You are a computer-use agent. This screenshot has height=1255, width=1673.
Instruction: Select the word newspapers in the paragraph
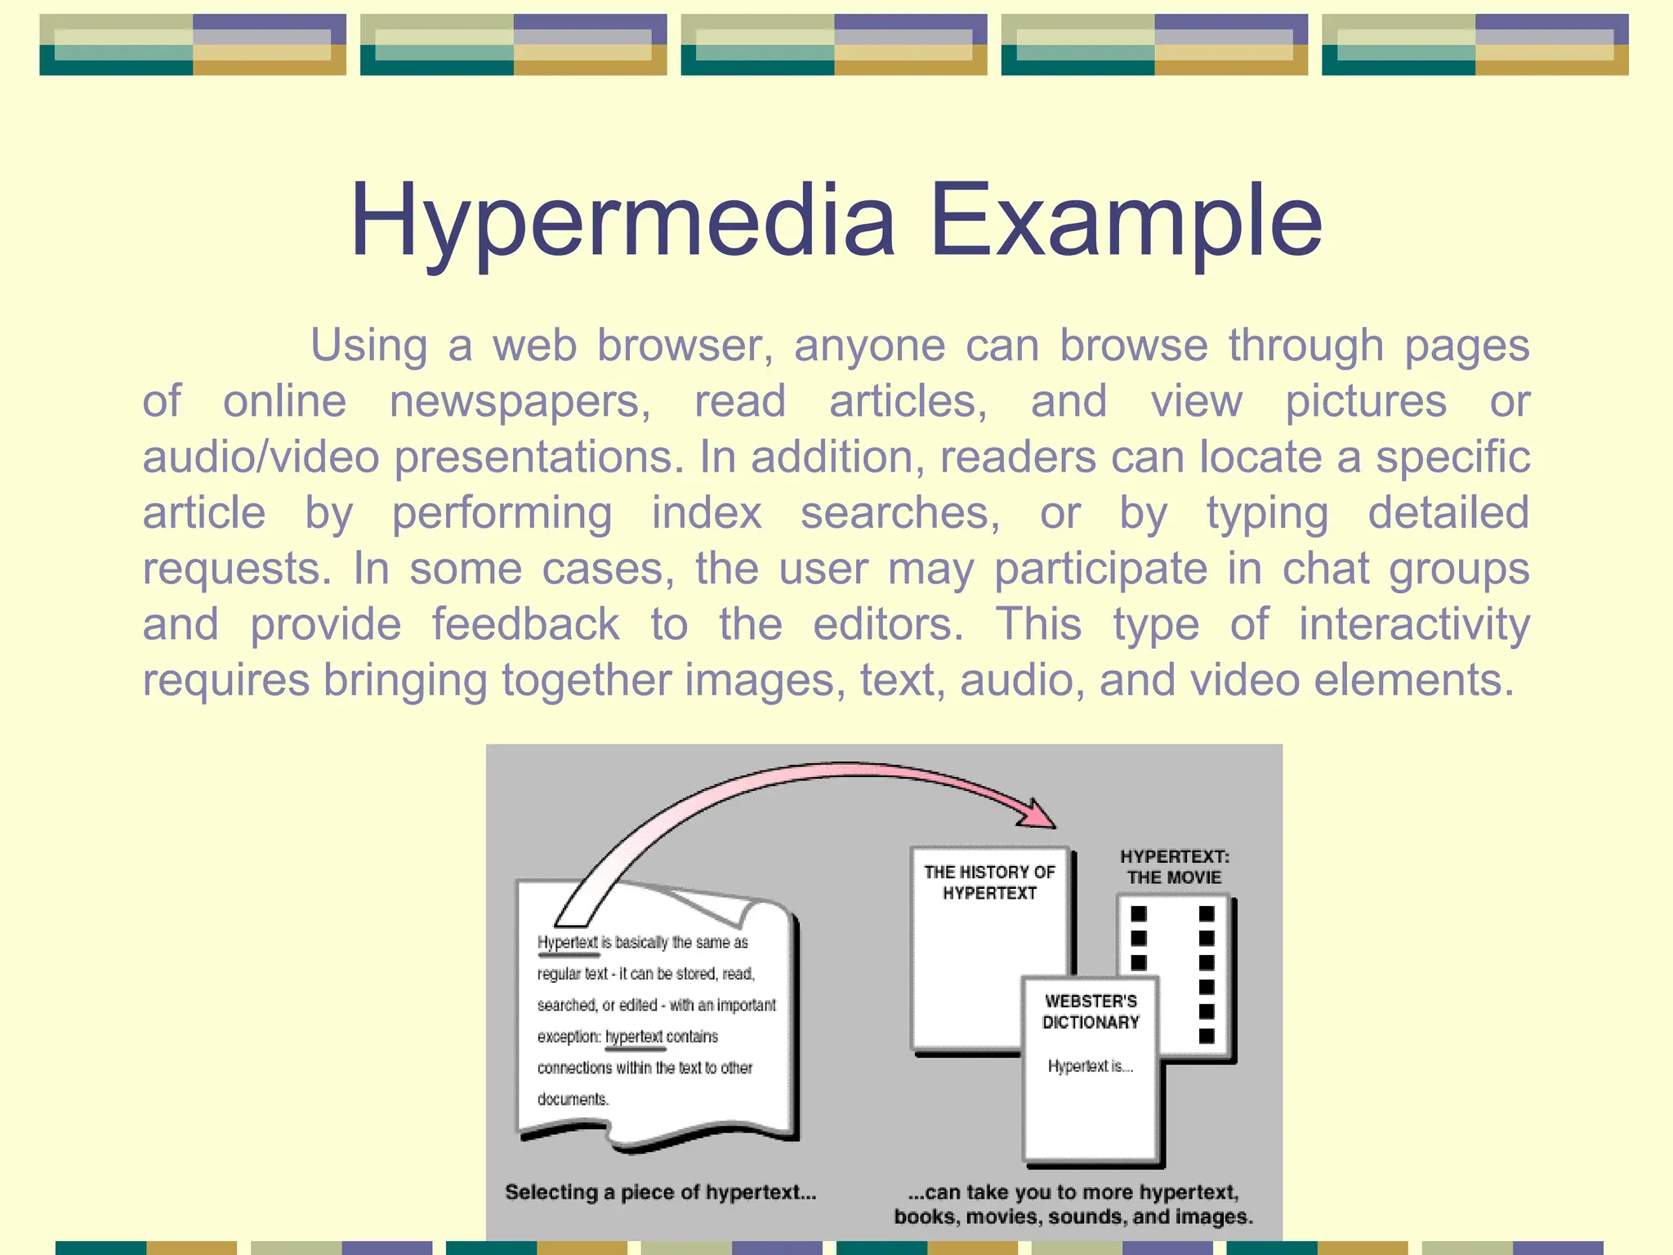tap(520, 402)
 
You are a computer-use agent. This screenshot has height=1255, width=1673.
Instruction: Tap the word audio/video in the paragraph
tap(261, 458)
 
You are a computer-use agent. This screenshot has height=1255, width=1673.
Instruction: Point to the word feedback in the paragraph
tap(525, 625)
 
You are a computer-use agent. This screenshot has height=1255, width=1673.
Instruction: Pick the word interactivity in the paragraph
tap(1414, 625)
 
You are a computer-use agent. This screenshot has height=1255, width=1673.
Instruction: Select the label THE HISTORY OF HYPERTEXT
tap(989, 882)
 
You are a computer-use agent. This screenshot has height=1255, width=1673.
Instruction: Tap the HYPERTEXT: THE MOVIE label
tap(1174, 867)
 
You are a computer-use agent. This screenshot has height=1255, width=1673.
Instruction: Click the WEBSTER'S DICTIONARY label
tap(1091, 1012)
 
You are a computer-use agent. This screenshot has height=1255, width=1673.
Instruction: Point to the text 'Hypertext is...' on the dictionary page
tap(1090, 1066)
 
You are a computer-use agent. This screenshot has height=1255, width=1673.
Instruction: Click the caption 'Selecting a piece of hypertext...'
tap(660, 1192)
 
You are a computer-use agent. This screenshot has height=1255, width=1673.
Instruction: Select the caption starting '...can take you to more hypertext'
tap(1073, 1204)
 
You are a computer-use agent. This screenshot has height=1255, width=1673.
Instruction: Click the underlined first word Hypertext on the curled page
tap(568, 943)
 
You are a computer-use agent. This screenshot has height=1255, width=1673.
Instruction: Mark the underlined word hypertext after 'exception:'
tap(634, 1037)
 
